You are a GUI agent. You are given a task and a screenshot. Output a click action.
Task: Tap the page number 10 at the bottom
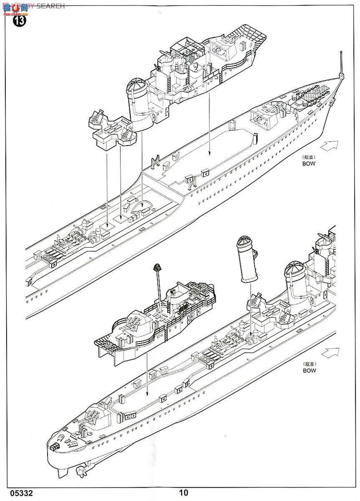pyautogui.click(x=183, y=493)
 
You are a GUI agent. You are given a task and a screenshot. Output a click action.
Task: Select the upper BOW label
pyautogui.click(x=309, y=164)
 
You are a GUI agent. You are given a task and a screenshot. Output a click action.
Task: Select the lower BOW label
pyautogui.click(x=309, y=370)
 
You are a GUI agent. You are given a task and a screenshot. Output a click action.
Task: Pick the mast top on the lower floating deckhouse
pyautogui.click(x=157, y=267)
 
